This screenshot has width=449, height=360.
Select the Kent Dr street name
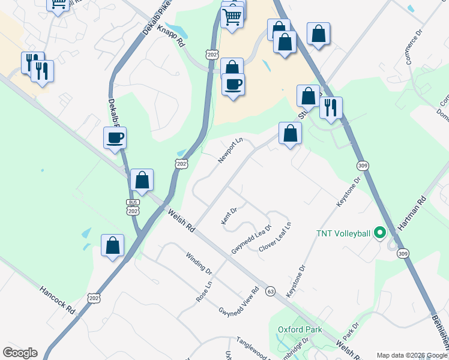[229, 217]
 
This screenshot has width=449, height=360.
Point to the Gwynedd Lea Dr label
[251, 239]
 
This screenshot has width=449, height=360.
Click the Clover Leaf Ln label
[275, 238]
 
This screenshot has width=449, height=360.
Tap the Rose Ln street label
[204, 292]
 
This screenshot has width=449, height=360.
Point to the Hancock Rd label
[58, 300]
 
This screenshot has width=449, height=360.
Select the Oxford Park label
[300, 329]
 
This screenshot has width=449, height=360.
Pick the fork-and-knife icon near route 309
[330, 108]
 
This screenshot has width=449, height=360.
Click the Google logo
[20, 353]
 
